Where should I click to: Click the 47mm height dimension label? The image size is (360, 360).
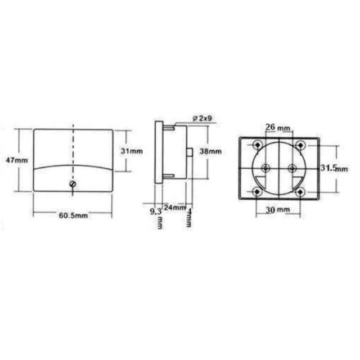(x=16, y=160)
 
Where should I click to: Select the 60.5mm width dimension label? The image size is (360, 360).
(x=73, y=215)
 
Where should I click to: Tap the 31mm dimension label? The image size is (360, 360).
(x=132, y=151)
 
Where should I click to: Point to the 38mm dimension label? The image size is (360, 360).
(x=210, y=151)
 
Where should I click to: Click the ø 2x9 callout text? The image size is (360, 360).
(x=202, y=119)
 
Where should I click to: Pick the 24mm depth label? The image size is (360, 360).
(x=175, y=208)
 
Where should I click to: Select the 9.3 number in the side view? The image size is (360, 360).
(x=156, y=211)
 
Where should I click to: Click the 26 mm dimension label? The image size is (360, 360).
(x=278, y=127)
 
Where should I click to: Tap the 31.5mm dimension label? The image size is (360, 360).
(x=334, y=168)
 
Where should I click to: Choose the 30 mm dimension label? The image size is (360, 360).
(x=278, y=210)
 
